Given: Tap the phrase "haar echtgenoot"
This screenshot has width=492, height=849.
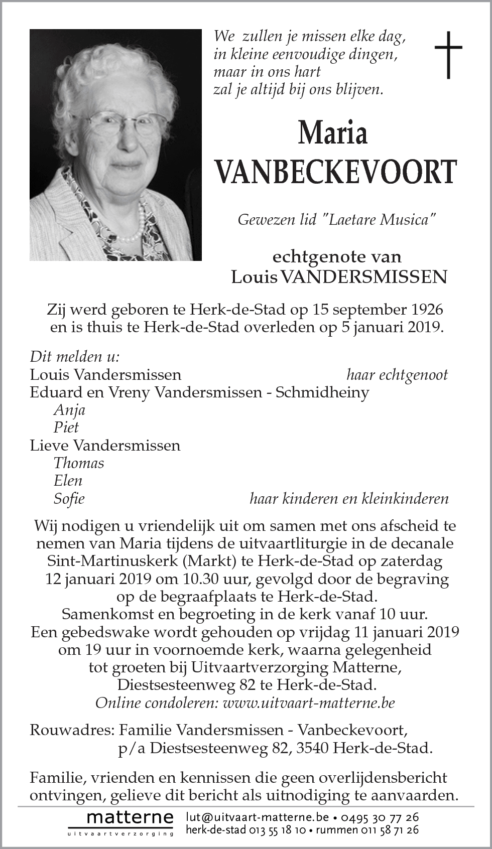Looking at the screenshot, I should tap(397, 374).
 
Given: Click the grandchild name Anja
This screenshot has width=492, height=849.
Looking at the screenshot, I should tap(69, 409).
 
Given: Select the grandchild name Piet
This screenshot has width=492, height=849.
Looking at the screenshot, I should tap(66, 427).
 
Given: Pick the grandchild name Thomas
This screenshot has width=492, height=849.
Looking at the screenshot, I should tap(79, 463).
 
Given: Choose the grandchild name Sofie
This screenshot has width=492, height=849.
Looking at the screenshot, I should tap(69, 498).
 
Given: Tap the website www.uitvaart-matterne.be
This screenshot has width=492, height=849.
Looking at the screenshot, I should tap(309, 702).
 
